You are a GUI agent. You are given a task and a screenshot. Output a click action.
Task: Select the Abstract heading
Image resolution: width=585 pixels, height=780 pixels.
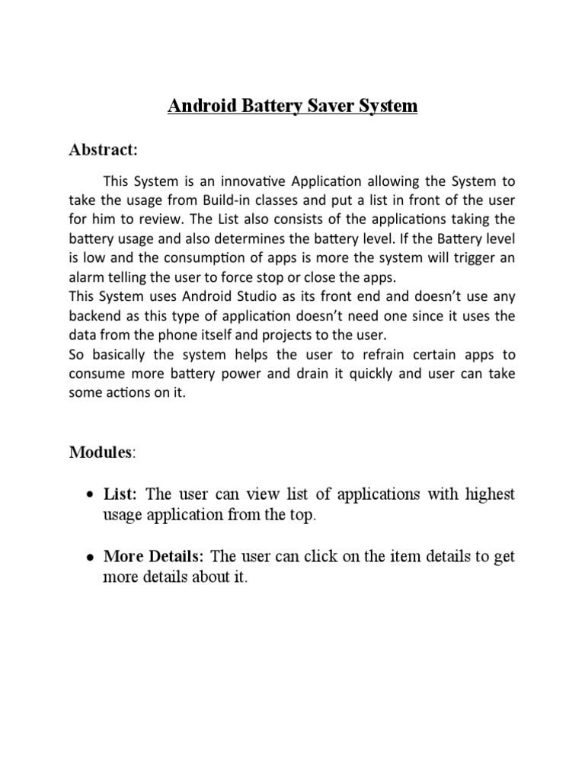click(103, 150)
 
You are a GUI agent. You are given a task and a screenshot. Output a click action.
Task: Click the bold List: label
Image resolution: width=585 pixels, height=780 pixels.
click(120, 494)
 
